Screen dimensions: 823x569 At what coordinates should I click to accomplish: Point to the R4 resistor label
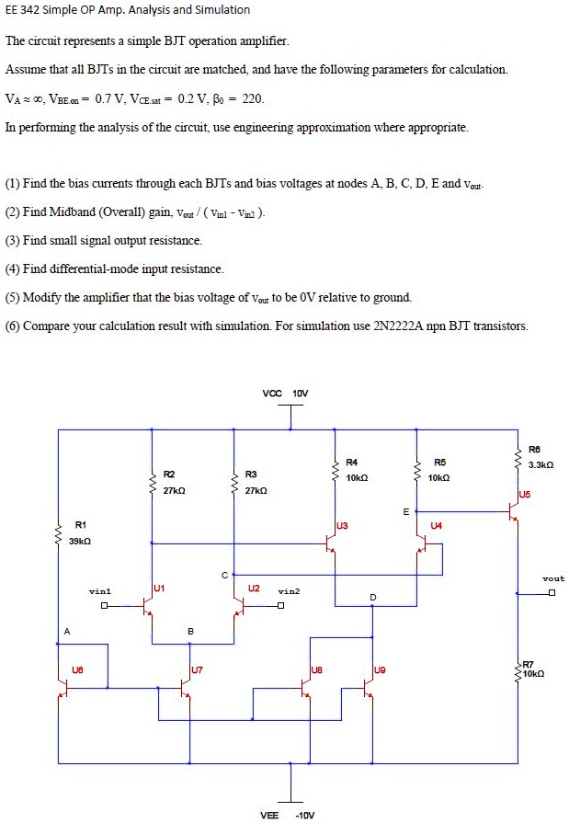coord(351,461)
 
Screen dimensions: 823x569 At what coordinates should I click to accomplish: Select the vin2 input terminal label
coord(289,591)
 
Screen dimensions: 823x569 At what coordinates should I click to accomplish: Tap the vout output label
coord(552,578)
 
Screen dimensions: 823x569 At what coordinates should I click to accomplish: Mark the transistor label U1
coord(159,586)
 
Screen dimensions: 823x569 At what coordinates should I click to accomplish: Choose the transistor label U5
coord(524,493)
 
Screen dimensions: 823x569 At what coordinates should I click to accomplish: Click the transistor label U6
coord(77,670)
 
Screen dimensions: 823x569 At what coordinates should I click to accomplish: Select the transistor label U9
coord(380,670)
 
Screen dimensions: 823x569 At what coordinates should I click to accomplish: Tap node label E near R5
coord(405,511)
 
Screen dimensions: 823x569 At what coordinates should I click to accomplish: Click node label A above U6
coord(65,631)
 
